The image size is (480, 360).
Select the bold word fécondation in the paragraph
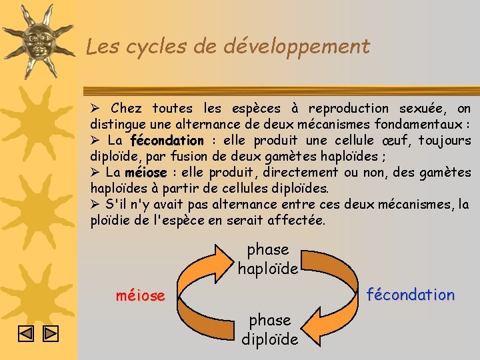point(167,141)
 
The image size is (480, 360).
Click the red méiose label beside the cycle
point(140,295)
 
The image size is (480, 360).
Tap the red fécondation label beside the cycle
point(411,295)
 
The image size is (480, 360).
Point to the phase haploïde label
point(267,259)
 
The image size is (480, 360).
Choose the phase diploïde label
point(269,329)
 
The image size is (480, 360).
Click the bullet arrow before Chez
point(95,109)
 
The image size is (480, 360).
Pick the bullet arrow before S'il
point(95,205)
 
